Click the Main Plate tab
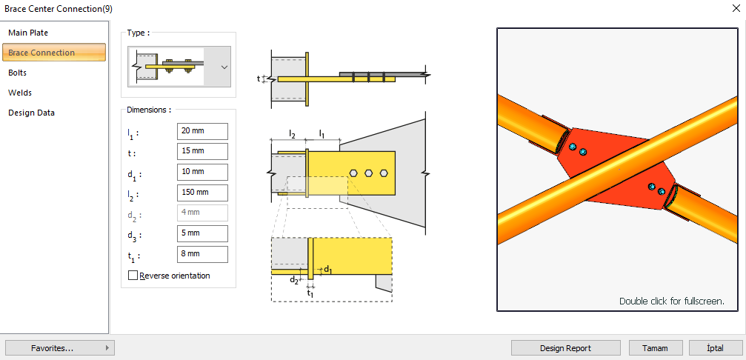click(28, 33)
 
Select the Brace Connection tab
click(41, 53)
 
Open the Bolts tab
click(18, 73)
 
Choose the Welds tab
click(20, 93)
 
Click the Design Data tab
click(32, 113)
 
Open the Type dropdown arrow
click(224, 67)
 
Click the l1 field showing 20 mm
click(202, 130)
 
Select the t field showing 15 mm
click(202, 151)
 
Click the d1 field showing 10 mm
click(202, 172)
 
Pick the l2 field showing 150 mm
click(202, 193)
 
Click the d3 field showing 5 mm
click(202, 233)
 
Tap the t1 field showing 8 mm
click(202, 254)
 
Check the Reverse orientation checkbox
click(133, 276)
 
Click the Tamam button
click(656, 347)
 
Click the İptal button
click(716, 347)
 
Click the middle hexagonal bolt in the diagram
click(368, 173)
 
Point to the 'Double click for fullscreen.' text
click(671, 301)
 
